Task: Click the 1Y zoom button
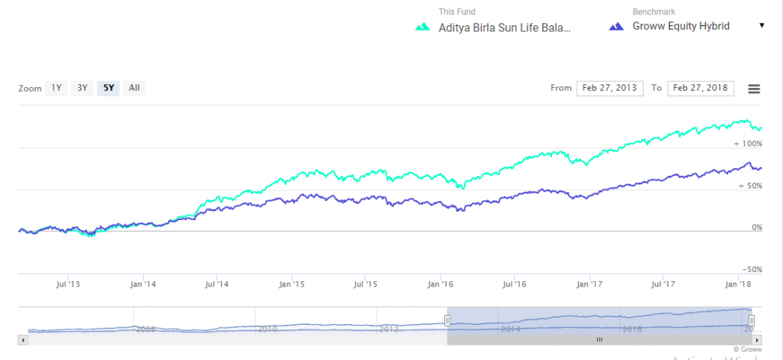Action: (57, 88)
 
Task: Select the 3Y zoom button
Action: (82, 88)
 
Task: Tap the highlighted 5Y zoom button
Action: (108, 88)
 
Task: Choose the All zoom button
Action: (134, 88)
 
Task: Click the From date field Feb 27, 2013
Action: (610, 88)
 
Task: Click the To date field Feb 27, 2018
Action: (700, 88)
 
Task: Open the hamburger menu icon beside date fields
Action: (754, 89)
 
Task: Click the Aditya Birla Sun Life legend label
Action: (505, 27)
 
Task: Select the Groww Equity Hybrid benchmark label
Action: (681, 26)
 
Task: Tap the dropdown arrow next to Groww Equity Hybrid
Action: (762, 26)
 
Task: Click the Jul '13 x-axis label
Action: (69, 284)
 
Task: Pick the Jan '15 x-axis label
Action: (292, 284)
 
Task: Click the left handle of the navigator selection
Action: (447, 319)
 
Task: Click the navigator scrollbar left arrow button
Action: (23, 339)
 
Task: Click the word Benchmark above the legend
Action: (654, 12)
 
